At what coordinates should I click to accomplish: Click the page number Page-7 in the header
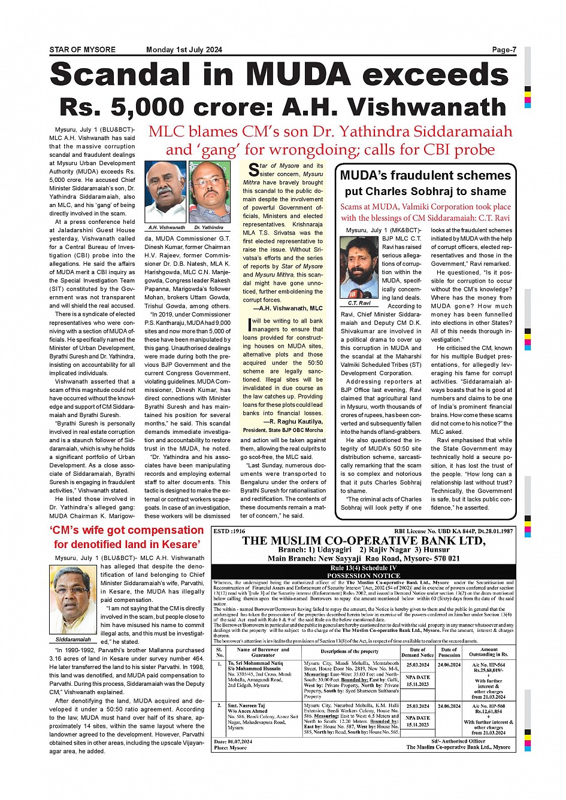(504, 50)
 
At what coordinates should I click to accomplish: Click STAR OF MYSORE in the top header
(82, 50)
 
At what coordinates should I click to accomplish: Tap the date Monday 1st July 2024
(184, 50)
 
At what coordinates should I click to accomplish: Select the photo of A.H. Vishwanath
(166, 192)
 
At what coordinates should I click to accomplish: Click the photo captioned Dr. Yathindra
(210, 192)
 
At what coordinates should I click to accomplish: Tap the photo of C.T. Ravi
(359, 267)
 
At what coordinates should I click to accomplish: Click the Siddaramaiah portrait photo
(74, 600)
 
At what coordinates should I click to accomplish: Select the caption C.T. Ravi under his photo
(359, 303)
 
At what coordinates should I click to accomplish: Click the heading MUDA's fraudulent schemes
(425, 175)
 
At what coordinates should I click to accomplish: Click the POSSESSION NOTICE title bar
(364, 575)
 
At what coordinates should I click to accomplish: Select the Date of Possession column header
(449, 652)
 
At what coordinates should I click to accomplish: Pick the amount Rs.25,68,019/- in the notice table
(488, 671)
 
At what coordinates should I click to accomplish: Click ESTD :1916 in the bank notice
(229, 531)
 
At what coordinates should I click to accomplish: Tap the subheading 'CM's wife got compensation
(127, 530)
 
